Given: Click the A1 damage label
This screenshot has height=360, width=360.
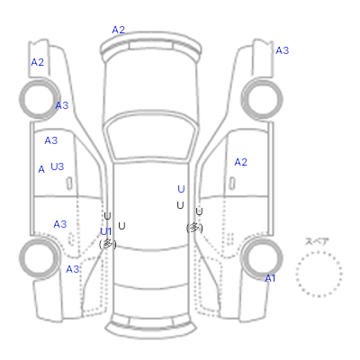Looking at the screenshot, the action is tap(270, 279).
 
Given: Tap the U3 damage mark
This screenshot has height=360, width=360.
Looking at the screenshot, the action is tap(58, 166).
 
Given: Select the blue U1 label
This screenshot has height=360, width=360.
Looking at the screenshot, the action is tap(106, 231).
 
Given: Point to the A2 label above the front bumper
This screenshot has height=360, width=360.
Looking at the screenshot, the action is tap(119, 30).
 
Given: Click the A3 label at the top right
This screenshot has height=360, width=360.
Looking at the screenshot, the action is tap(283, 50).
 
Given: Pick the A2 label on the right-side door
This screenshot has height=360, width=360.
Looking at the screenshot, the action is tap(240, 162).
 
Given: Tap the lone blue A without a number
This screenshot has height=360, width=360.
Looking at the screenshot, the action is tap(41, 169).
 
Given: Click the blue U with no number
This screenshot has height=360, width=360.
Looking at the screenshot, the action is tap(181, 189).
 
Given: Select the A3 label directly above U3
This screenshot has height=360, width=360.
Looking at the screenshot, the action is tap(51, 140).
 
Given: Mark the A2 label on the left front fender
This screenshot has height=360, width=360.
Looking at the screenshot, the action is tap(38, 62).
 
